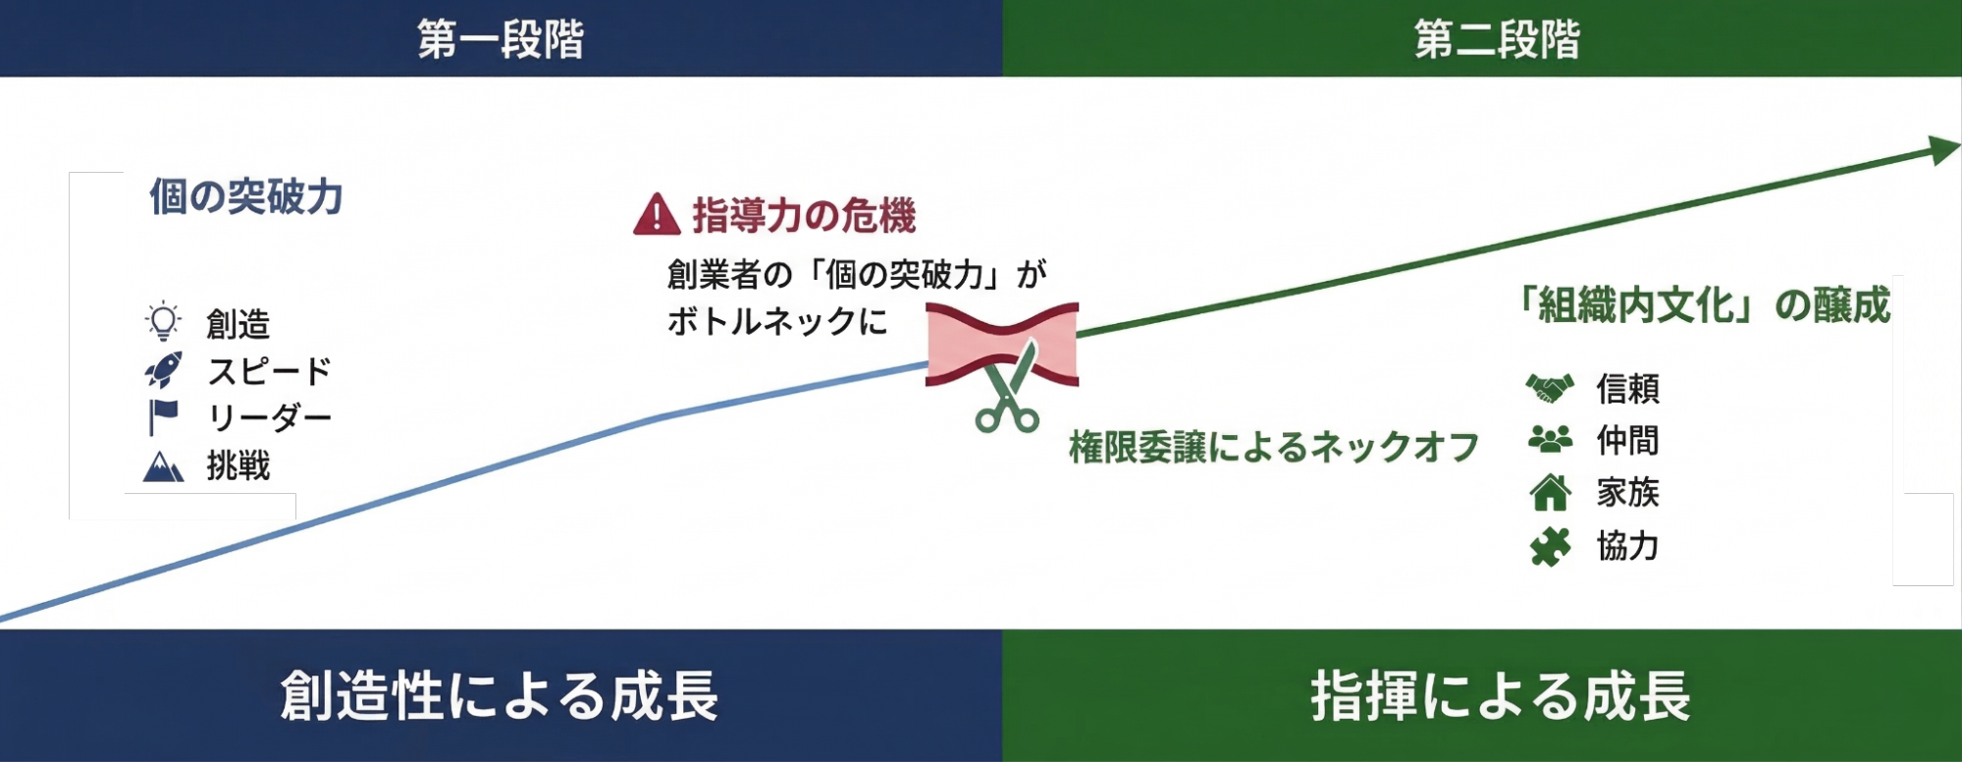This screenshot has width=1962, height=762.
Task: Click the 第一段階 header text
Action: tap(501, 39)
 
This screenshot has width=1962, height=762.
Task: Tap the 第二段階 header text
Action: tap(1497, 39)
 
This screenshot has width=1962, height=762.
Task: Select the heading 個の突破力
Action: tap(246, 196)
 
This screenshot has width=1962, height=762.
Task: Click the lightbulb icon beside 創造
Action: tap(163, 321)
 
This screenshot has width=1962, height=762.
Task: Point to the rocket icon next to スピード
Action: tap(163, 370)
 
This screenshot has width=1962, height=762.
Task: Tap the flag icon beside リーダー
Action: tap(163, 417)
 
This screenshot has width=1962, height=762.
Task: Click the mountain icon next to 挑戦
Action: tap(163, 465)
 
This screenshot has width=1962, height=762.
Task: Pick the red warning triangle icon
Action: tap(657, 214)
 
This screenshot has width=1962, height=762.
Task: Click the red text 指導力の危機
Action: tap(804, 215)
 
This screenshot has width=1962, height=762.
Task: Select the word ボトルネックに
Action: tap(777, 321)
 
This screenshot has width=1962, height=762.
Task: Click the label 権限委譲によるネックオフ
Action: tap(1274, 447)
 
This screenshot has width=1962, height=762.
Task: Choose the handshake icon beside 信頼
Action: tap(1550, 388)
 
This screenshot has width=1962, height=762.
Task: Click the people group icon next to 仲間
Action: tap(1550, 439)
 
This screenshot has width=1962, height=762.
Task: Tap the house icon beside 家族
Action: tap(1550, 492)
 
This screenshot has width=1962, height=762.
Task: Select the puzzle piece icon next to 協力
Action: tap(1550, 546)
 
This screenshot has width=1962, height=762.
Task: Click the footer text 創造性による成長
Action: tap(500, 695)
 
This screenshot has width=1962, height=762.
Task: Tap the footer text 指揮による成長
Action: tap(1501, 695)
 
